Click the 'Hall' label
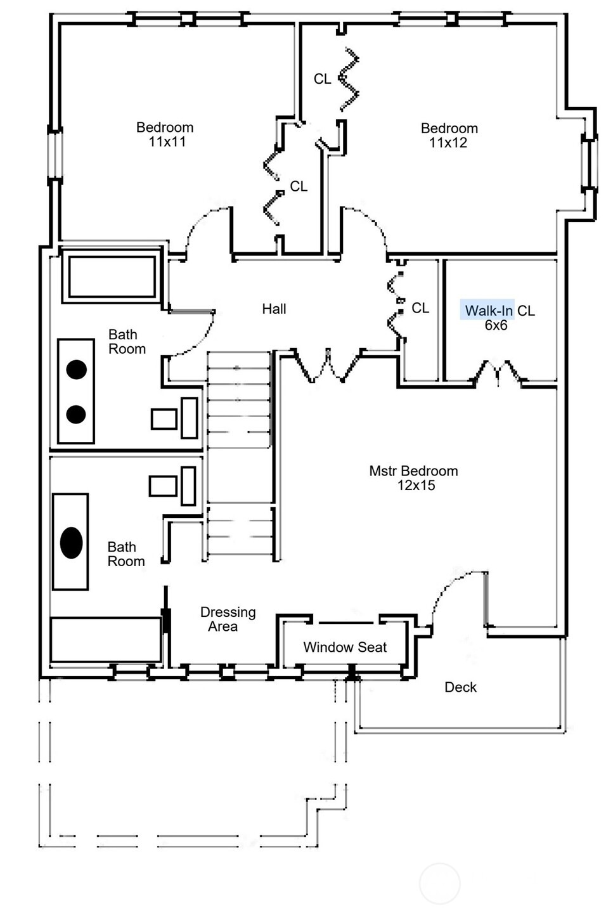click(x=274, y=309)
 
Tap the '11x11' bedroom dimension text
click(x=167, y=142)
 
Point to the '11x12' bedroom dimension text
click(x=448, y=143)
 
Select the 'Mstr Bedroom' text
click(x=413, y=471)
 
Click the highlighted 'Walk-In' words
click(x=488, y=311)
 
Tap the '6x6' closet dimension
click(x=496, y=325)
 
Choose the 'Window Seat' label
click(x=345, y=647)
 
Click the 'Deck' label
click(x=460, y=687)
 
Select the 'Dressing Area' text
click(x=227, y=619)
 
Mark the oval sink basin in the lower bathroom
click(x=71, y=543)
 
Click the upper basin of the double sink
click(x=77, y=370)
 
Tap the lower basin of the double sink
click(x=76, y=414)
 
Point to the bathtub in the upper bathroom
click(x=112, y=276)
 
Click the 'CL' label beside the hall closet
click(x=420, y=308)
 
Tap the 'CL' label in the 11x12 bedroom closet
click(x=322, y=79)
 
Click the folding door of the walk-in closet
click(x=498, y=373)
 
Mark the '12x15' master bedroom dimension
click(x=416, y=486)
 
